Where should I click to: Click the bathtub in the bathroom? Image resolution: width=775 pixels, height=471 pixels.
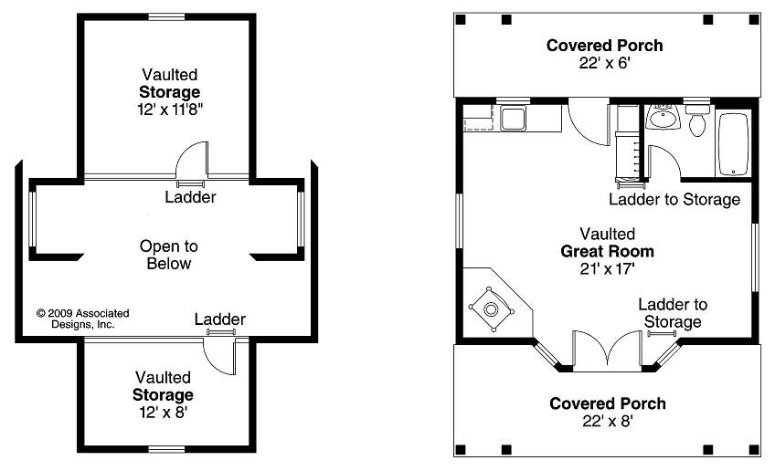tap(733, 144)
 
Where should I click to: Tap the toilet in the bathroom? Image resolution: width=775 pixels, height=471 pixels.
tap(697, 121)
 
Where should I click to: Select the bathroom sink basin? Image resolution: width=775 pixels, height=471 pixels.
tap(662, 119)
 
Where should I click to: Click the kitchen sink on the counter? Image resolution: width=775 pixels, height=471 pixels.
tap(512, 119)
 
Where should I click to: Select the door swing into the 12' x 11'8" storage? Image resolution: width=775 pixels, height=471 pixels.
tap(192, 161)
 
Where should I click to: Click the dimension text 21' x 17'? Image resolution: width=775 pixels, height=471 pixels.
tap(607, 268)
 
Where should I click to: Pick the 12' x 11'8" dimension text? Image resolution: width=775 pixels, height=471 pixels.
tap(169, 109)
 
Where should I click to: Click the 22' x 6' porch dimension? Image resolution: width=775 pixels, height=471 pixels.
tap(604, 63)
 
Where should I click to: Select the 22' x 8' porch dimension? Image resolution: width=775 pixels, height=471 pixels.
tap(607, 421)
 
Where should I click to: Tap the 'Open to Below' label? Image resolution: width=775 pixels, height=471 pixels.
tap(168, 255)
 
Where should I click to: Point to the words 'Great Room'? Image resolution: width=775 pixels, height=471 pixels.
tap(607, 251)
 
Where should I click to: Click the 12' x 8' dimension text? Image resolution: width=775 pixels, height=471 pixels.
tap(164, 412)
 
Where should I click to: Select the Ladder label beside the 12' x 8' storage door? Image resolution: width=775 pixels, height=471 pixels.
tap(219, 319)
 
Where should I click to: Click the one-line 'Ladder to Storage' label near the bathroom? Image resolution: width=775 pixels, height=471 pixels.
tap(674, 199)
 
